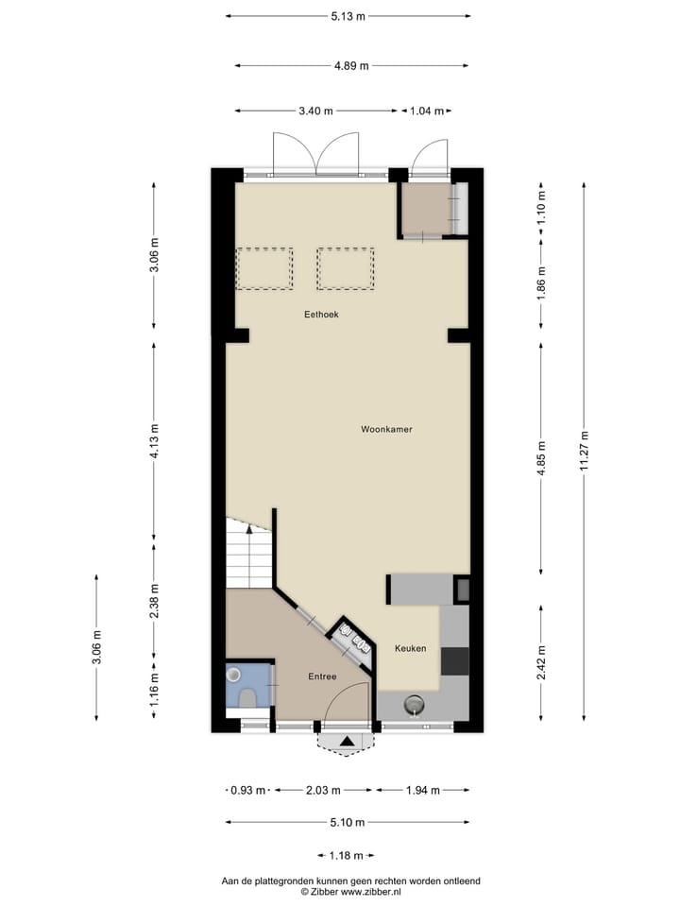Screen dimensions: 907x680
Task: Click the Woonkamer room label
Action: (386, 429)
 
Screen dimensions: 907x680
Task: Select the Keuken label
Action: (411, 648)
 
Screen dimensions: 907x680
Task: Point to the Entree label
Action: (322, 677)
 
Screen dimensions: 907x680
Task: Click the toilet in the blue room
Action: (248, 697)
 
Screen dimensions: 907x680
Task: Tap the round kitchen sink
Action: (414, 704)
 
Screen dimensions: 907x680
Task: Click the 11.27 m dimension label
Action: (585, 450)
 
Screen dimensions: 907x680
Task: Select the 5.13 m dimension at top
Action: (348, 16)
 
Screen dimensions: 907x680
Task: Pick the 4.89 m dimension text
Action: (351, 65)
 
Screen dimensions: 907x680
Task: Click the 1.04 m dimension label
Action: (427, 111)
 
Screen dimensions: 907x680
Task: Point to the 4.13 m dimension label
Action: (154, 441)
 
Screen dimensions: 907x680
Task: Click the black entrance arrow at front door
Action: (348, 744)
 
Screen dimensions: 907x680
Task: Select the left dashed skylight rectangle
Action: (263, 268)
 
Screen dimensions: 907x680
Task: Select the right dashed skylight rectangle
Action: (346, 268)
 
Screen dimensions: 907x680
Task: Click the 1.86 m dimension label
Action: (541, 283)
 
